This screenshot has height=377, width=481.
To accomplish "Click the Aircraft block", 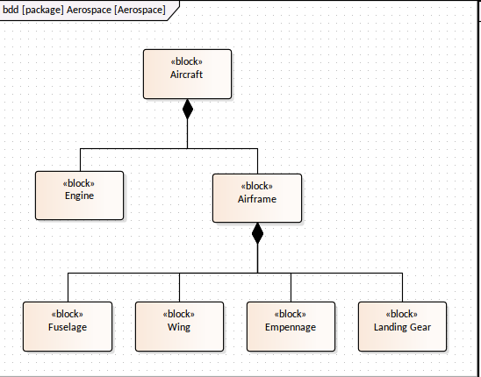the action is click(188, 75).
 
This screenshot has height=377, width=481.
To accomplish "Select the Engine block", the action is click(80, 196).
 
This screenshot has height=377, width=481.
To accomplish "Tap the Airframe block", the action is click(257, 198).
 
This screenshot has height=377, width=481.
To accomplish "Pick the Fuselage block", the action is click(68, 326).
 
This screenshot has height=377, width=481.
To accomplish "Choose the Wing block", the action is click(179, 326).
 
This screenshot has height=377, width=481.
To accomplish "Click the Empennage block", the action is click(291, 326).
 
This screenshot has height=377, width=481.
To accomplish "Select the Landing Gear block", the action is click(403, 326).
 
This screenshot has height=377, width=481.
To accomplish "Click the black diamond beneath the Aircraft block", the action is click(188, 109).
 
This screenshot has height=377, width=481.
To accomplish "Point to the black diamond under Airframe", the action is click(257, 233).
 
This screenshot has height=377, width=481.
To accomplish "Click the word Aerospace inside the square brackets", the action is click(140, 10).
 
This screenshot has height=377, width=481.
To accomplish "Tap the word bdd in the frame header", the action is click(11, 10).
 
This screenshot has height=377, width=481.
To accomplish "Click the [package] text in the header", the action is click(43, 10).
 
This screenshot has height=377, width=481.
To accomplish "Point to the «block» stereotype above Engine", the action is click(79, 183).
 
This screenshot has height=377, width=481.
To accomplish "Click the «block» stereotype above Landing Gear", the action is click(401, 314).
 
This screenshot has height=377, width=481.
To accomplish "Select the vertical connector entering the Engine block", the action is click(81, 160).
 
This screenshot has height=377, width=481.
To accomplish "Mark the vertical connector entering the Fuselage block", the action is click(68, 288).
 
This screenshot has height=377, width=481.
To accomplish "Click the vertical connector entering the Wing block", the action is click(179, 288).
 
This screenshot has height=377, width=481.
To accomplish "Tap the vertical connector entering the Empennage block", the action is click(291, 288).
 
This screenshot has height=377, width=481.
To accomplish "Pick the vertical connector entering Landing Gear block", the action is click(403, 288).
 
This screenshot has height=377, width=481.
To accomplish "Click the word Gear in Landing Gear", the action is click(420, 327).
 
